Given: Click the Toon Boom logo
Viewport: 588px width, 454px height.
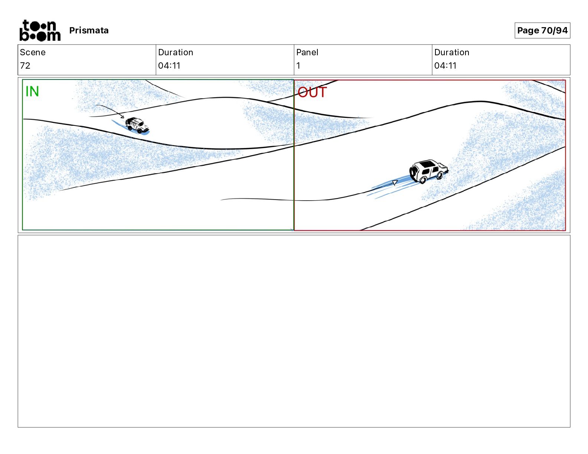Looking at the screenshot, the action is [x=40, y=30].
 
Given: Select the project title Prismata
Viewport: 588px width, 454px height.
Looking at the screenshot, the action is [x=89, y=30].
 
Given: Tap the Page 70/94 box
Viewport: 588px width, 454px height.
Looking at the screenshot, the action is [x=542, y=30].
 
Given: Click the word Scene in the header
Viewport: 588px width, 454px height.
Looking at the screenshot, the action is [x=33, y=52].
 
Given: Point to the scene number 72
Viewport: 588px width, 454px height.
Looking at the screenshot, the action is [x=25, y=65].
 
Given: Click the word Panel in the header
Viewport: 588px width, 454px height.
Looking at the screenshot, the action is [x=307, y=52].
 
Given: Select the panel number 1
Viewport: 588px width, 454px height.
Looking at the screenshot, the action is [x=298, y=65].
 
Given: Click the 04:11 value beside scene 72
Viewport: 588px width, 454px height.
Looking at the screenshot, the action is [x=169, y=65].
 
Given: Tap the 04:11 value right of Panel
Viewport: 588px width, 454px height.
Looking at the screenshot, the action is [x=445, y=65].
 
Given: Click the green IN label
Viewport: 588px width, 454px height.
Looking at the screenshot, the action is [x=32, y=91].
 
